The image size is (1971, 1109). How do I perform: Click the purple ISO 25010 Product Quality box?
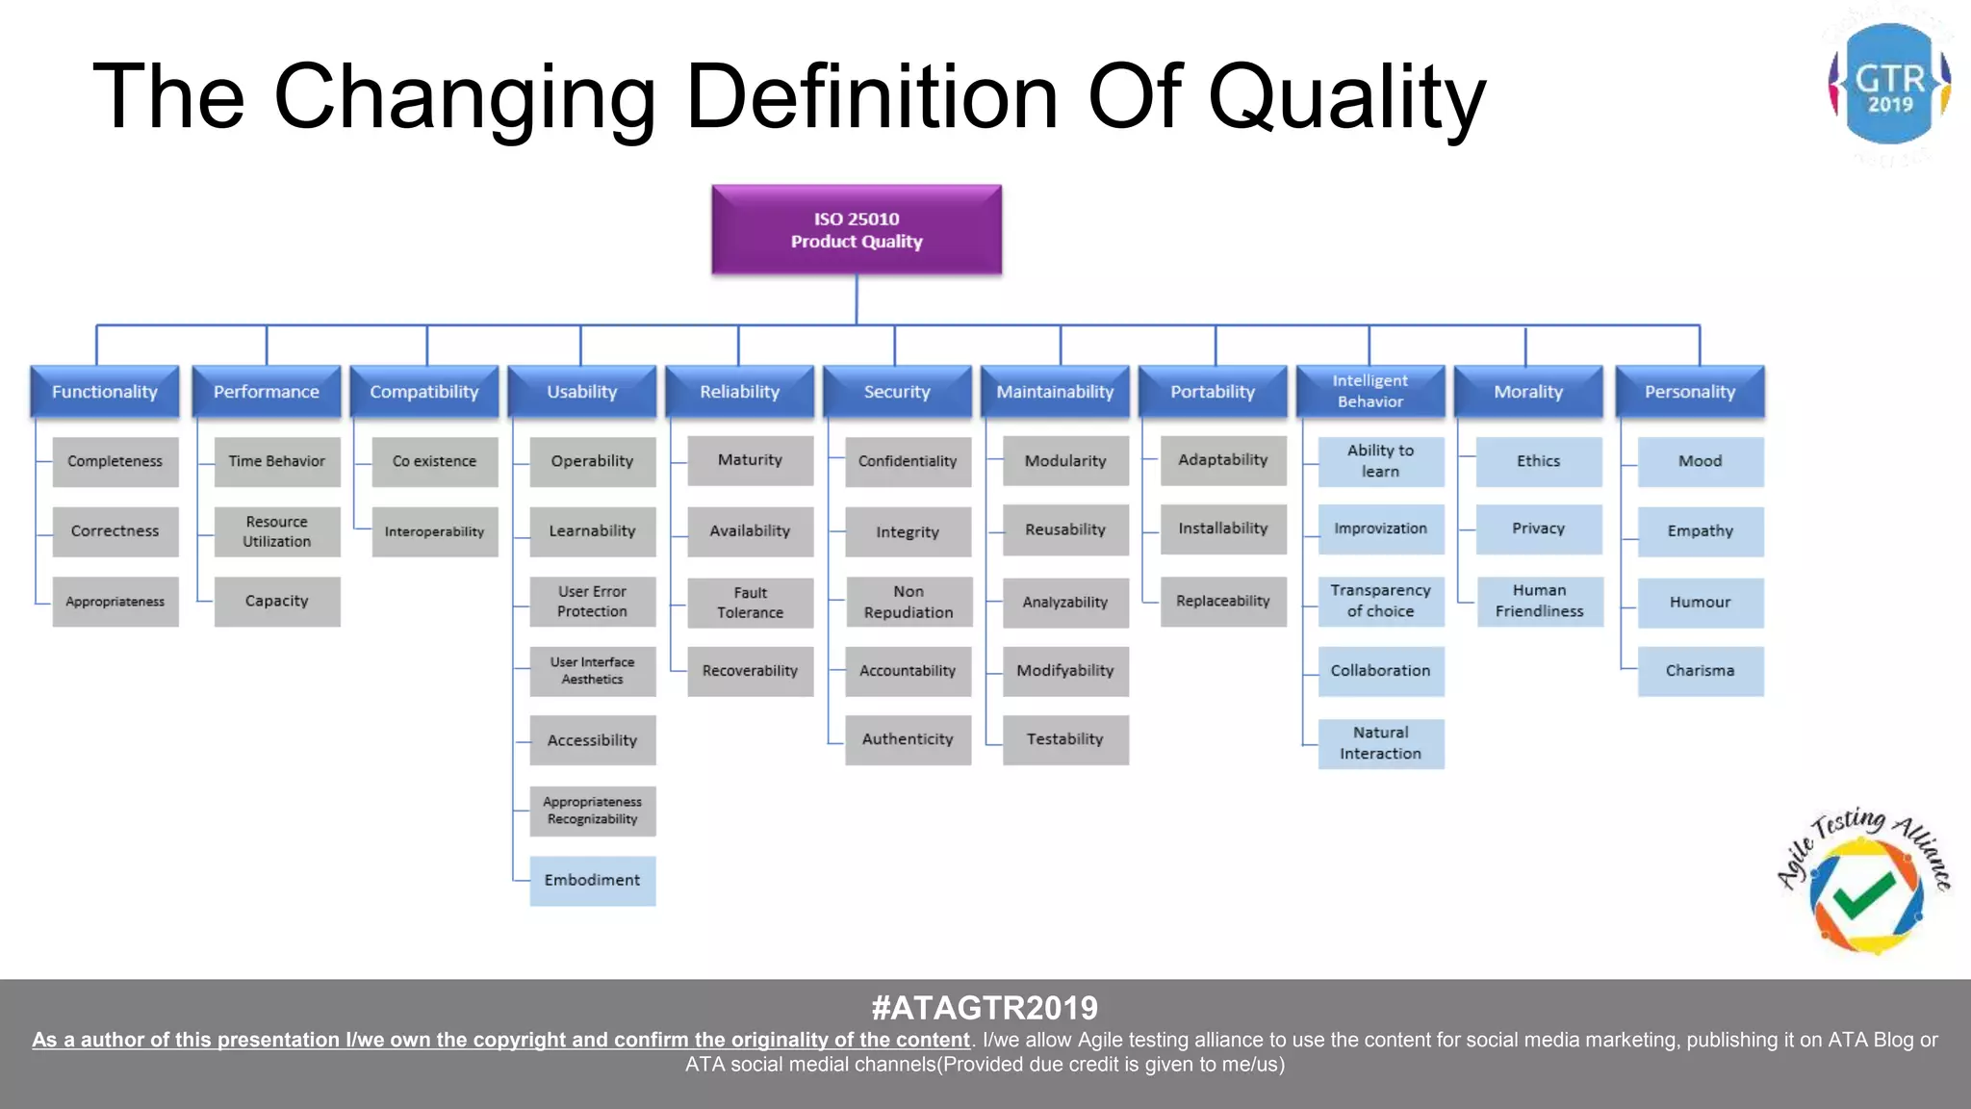point(857,230)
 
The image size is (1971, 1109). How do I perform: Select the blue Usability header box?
point(582,392)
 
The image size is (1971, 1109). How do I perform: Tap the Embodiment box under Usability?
point(592,880)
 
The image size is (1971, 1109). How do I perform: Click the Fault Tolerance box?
point(750,603)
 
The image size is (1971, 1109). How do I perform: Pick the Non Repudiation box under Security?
point(908,602)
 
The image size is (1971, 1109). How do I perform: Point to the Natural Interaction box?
point(1380,743)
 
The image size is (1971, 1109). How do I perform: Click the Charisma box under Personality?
point(1700,670)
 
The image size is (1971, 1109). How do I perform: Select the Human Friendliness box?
point(1539,601)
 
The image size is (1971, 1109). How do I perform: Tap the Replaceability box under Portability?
point(1222,601)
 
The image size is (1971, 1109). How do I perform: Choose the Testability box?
point(1064,739)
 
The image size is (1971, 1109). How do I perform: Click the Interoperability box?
point(434,531)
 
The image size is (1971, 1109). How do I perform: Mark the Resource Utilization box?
point(276,531)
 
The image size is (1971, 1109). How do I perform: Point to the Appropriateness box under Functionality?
point(115,602)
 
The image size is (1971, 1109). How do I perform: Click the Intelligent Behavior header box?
point(1369,391)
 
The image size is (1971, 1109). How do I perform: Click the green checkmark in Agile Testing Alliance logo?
point(1863,894)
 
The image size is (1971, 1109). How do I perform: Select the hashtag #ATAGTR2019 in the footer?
point(985,1008)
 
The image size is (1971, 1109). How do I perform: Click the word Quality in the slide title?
point(1346,96)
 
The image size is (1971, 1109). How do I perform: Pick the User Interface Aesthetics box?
point(592,671)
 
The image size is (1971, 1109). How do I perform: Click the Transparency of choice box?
point(1380,601)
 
